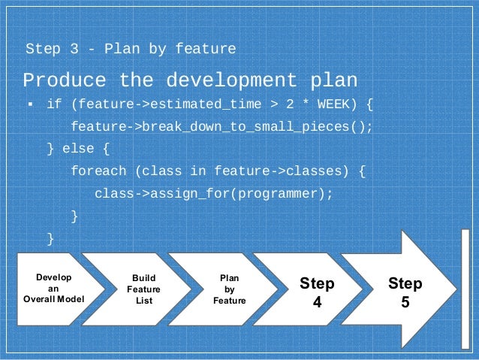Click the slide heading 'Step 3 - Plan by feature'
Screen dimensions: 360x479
coord(131,50)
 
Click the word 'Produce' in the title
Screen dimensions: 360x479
coord(65,80)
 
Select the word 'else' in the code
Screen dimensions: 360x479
coord(78,149)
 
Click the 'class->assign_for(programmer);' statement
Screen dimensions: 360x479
coord(213,194)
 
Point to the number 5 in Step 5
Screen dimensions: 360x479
coord(405,303)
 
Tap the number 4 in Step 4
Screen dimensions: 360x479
coord(317,303)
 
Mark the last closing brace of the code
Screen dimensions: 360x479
coord(50,239)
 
